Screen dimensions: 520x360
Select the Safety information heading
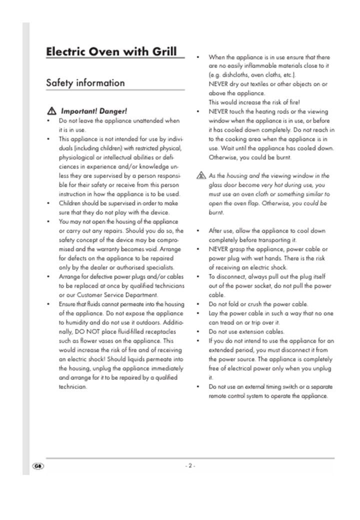tap(85, 83)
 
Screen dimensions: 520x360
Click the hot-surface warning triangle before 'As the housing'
tap(201, 176)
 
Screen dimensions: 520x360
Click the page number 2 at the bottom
tap(190, 465)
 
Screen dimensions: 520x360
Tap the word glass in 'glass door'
tap(216, 185)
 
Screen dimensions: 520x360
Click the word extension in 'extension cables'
tap(254, 331)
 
